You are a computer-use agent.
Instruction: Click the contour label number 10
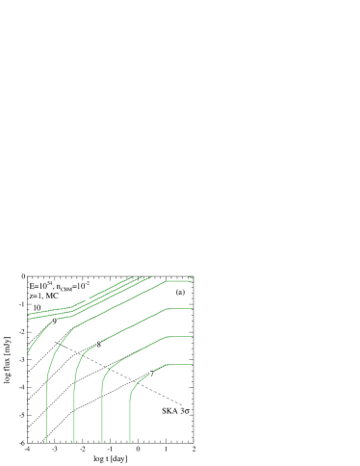pos(37,308)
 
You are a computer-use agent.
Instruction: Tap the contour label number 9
pos(55,322)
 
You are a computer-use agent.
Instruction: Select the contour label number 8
pos(98,344)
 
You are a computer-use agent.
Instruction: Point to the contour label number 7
pos(151,374)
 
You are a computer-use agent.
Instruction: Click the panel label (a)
pos(180,291)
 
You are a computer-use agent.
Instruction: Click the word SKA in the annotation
pos(169,411)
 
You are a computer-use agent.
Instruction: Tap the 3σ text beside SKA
pos(185,411)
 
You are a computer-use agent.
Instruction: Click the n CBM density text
pos(65,287)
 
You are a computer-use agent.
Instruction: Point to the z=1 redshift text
pos(36,297)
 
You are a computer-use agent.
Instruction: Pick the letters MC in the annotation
pos(52,297)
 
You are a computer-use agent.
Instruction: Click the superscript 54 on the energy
pos(49,283)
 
